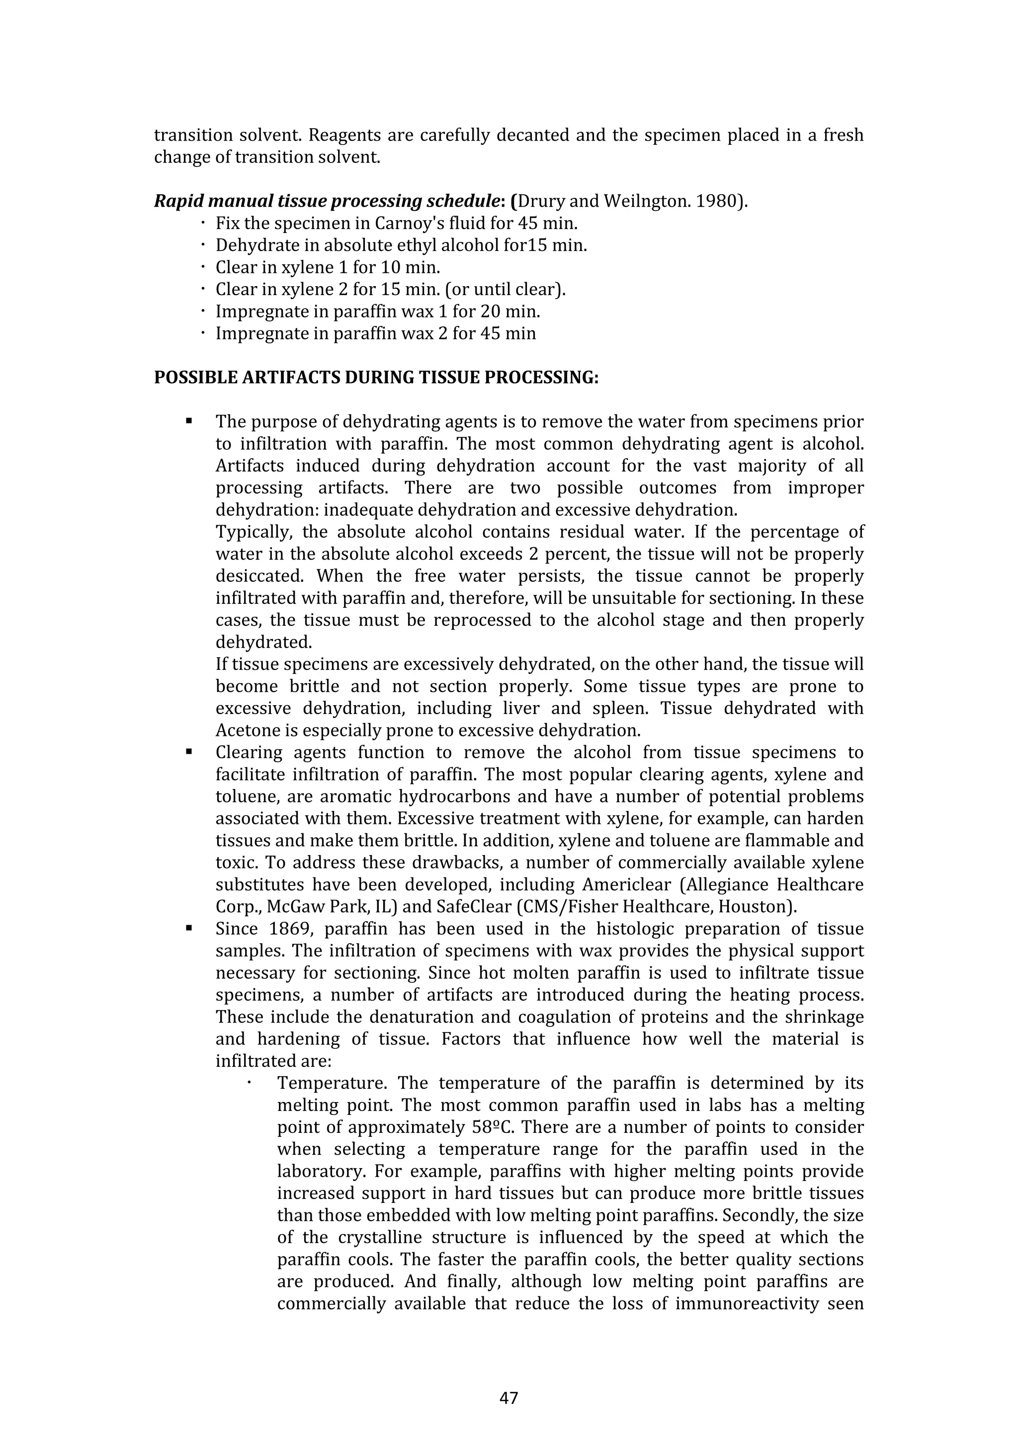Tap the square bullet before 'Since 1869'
(x=188, y=928)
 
